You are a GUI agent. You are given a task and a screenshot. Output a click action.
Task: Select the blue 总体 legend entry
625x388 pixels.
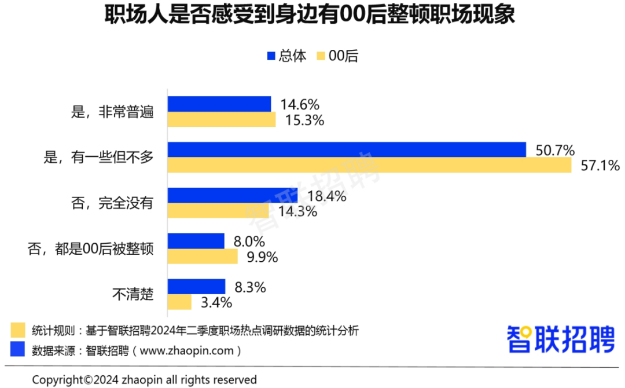(286, 56)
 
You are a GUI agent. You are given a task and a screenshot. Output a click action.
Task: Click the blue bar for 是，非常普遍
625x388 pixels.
(219, 104)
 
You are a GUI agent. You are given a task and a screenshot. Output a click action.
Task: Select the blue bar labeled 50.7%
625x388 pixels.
(347, 150)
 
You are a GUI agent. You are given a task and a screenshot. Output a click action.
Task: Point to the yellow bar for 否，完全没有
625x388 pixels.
(218, 211)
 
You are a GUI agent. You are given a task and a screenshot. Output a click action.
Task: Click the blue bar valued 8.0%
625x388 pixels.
(196, 241)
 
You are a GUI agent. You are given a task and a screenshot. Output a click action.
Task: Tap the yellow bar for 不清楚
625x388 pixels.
(179, 302)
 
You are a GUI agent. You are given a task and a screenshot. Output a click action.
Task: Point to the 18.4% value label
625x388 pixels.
(326, 196)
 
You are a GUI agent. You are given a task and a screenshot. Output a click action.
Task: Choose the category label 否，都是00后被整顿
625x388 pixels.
(91, 249)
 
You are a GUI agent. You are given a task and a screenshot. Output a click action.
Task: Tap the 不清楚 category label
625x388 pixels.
(133, 294)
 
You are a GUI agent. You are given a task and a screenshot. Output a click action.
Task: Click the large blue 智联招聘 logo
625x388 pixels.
(560, 339)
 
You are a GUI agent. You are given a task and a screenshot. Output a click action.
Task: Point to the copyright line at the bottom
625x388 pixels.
(144, 380)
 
